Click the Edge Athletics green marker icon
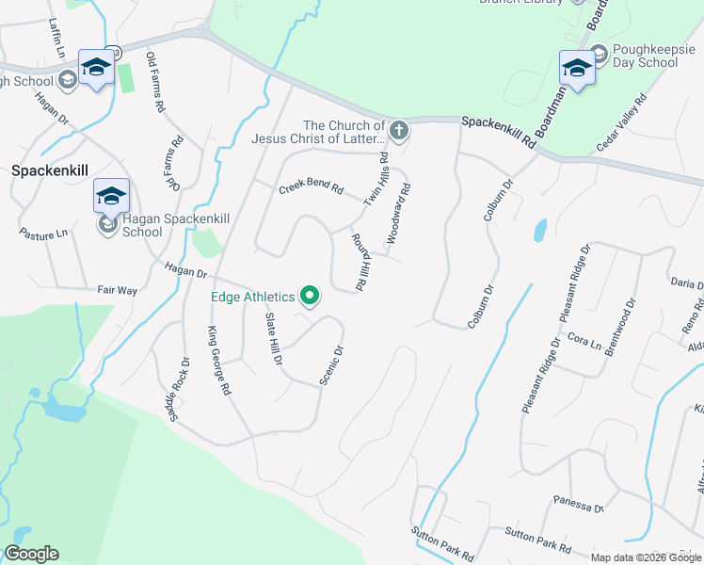tap(310, 298)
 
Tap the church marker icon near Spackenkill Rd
tap(399, 130)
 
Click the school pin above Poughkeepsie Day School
tap(576, 67)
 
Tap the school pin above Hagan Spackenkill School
tap(111, 197)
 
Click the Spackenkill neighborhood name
tap(49, 171)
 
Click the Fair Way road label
tap(118, 290)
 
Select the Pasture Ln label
tap(44, 233)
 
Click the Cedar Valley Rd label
tap(622, 122)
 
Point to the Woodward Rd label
tap(399, 216)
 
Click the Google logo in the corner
tap(31, 554)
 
